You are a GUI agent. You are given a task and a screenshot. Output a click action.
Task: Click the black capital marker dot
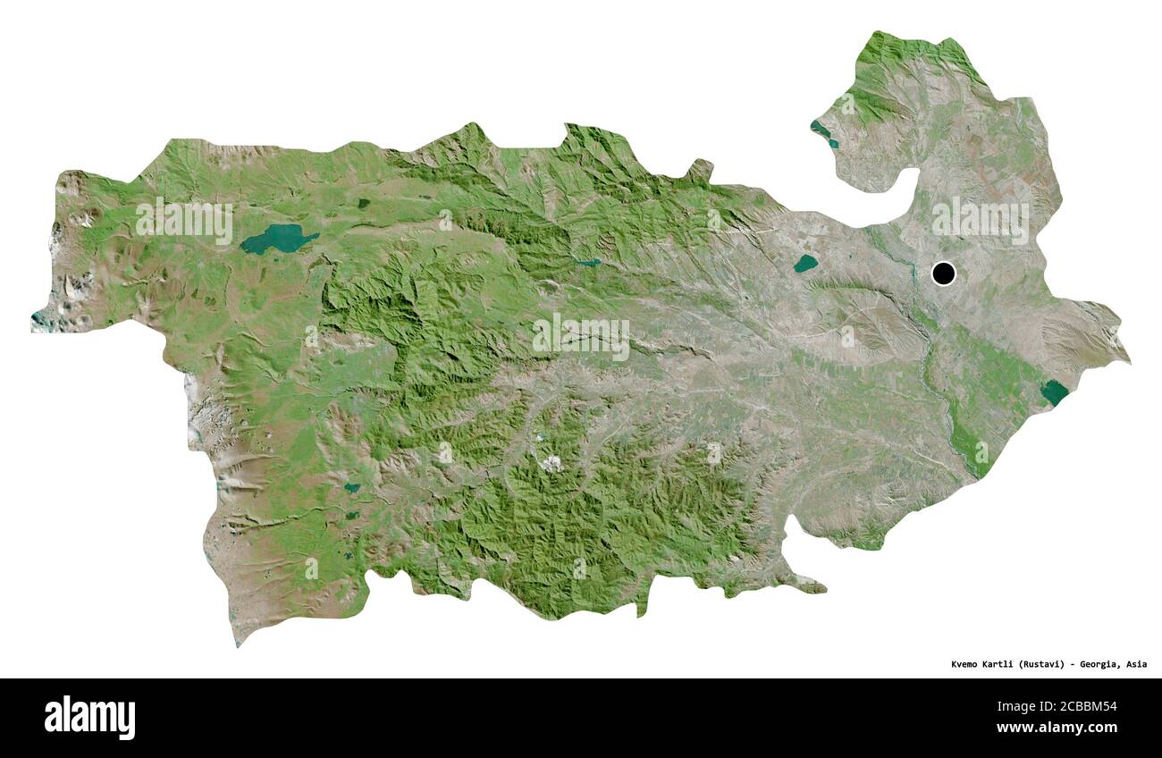click(943, 273)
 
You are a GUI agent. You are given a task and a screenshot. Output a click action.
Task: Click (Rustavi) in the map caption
click(1047, 664)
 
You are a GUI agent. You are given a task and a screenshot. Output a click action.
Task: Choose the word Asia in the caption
click(1136, 664)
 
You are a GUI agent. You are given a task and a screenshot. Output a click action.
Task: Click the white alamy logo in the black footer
click(89, 717)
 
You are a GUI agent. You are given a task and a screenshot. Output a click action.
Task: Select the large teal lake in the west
click(279, 239)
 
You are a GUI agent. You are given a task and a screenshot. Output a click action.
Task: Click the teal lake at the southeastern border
click(1055, 392)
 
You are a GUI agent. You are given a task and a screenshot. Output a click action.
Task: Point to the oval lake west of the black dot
click(804, 263)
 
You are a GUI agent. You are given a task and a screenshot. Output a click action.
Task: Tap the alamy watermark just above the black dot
click(980, 220)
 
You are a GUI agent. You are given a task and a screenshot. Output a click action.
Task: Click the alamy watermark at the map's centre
click(581, 336)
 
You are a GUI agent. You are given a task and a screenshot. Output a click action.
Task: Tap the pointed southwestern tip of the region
click(238, 642)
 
